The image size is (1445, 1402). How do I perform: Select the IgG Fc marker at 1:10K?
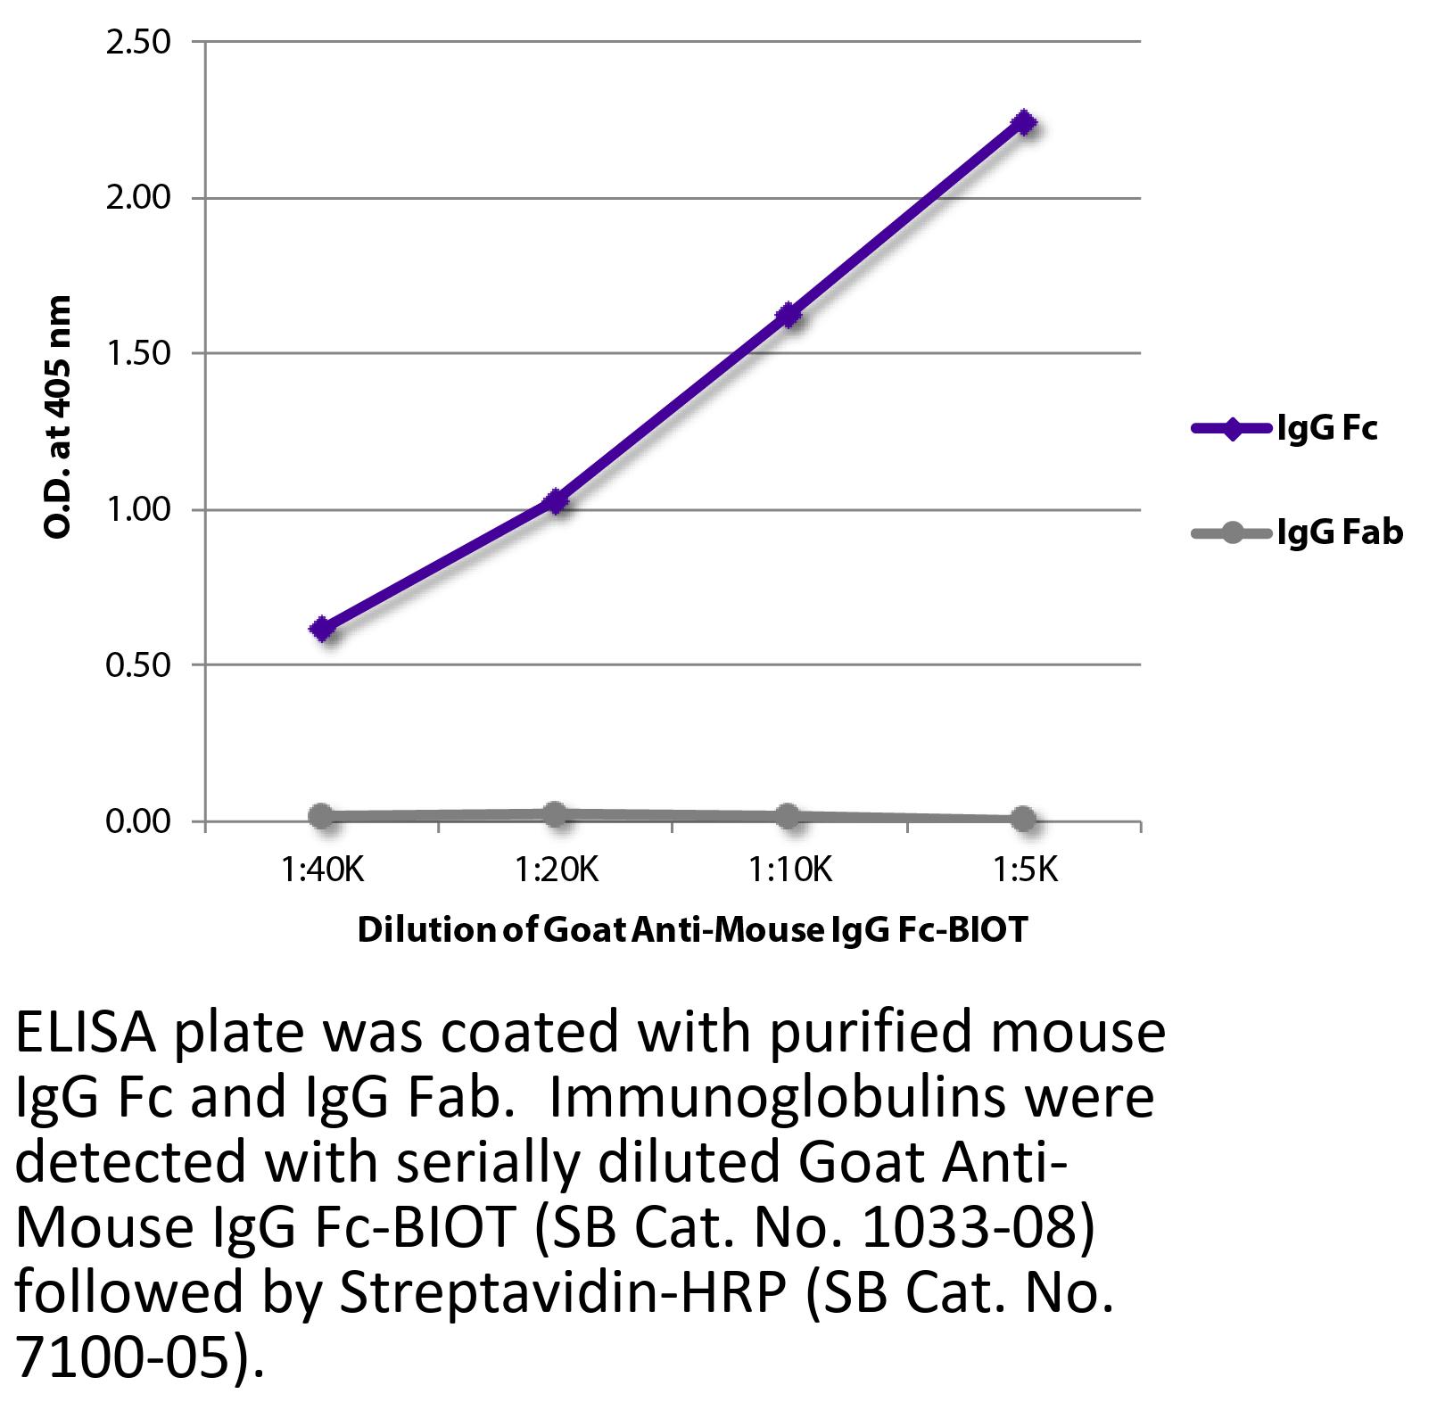pos(789,315)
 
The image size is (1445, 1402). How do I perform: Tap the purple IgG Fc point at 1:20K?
pos(556,501)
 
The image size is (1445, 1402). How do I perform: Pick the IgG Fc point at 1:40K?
pos(322,630)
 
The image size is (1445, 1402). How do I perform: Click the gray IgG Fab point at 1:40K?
pos(322,815)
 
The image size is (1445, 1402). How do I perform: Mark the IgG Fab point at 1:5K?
pos(1025,819)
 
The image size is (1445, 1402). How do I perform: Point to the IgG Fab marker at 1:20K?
pos(556,813)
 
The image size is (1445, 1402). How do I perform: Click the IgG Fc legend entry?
pos(1284,429)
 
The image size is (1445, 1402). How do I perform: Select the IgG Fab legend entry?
pos(1297,533)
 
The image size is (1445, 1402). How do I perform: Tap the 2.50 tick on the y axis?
pos(138,42)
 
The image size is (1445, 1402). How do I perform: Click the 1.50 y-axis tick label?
pos(138,353)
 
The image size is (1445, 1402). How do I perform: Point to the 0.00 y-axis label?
pos(138,821)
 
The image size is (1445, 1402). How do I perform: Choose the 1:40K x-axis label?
pos(322,869)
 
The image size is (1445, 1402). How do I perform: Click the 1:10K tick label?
pos(789,869)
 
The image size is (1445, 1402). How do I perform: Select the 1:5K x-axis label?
pos(1026,869)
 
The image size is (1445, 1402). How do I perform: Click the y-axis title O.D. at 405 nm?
pos(59,417)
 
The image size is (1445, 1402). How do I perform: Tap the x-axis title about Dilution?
pos(692,930)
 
